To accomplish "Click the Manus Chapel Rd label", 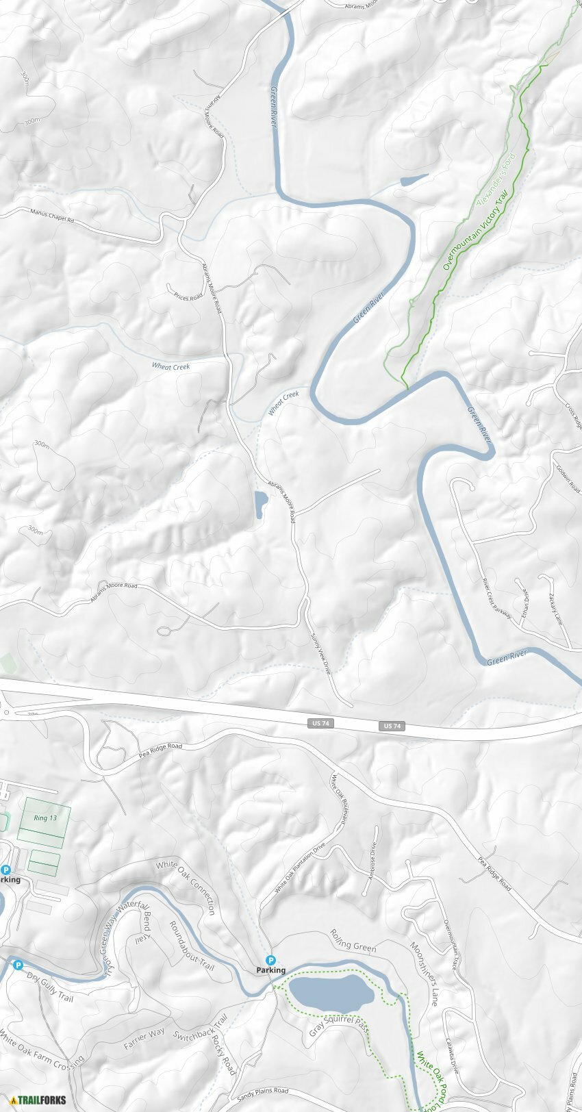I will [51, 216].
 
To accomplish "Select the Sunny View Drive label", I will [320, 653].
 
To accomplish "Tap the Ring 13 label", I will [45, 818].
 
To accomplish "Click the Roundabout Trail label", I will [191, 946].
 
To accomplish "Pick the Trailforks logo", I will [38, 1100].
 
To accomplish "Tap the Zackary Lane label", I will [554, 609].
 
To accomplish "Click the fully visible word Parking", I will [270, 970].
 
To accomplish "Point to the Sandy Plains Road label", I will [263, 1094].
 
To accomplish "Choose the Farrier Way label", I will [144, 1038].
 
